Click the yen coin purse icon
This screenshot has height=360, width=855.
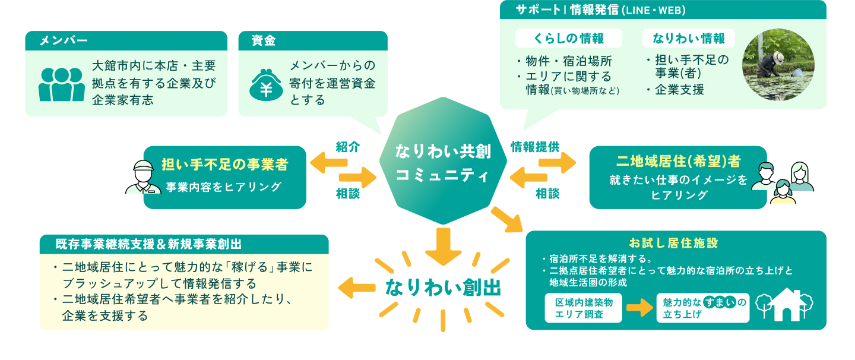click(x=266, y=85)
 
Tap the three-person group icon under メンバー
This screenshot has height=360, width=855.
click(x=62, y=84)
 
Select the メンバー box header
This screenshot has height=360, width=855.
click(x=126, y=40)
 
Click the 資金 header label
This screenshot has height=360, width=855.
click(x=264, y=40)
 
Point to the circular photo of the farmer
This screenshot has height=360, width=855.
click(x=778, y=64)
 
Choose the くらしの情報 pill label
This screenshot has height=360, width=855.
click(x=568, y=38)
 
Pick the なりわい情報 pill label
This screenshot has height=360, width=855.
click(x=689, y=38)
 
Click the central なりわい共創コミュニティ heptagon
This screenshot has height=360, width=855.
click(x=443, y=161)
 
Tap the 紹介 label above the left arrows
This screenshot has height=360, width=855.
click(x=348, y=147)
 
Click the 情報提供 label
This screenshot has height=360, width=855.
click(x=535, y=147)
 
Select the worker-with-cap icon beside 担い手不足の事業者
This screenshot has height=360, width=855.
click(x=143, y=177)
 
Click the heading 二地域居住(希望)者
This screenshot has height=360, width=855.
click(x=678, y=162)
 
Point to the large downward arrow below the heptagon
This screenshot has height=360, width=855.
click(x=443, y=246)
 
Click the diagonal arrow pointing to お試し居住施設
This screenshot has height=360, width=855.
click(x=507, y=220)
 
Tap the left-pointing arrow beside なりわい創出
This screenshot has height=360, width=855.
click(x=356, y=288)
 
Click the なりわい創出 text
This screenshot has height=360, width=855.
click(x=443, y=288)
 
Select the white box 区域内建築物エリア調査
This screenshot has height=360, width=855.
click(x=583, y=308)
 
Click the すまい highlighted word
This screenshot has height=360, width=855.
click(x=720, y=302)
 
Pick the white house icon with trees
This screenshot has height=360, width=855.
click(x=784, y=304)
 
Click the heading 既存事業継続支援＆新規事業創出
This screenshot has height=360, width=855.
click(x=148, y=244)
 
